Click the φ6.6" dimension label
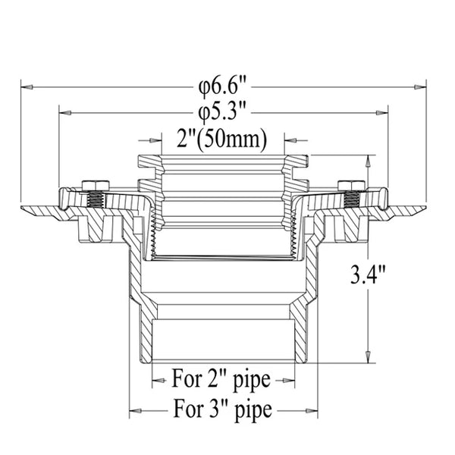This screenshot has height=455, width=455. pyautogui.click(x=224, y=84)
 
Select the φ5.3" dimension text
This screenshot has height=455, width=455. pyautogui.click(x=223, y=112)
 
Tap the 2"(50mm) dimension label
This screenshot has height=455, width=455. pyautogui.click(x=224, y=140)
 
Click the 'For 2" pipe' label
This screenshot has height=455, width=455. pyautogui.click(x=223, y=377)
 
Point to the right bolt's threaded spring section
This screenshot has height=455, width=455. pyautogui.click(x=351, y=200)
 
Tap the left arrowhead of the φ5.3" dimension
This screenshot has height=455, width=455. pyautogui.click(x=65, y=112)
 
